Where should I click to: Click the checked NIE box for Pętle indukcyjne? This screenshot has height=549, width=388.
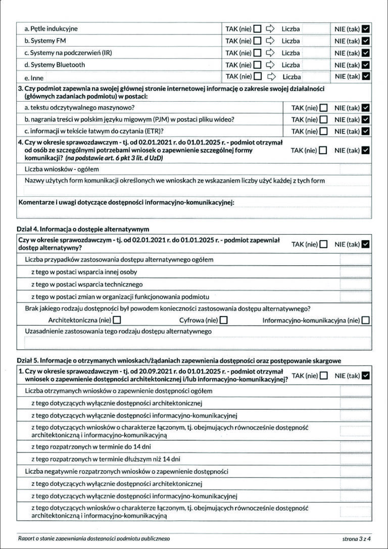pyautogui.click(x=366, y=29)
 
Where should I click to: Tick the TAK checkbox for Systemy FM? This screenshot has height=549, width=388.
pyautogui.click(x=258, y=41)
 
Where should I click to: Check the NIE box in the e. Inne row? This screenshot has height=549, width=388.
pyautogui.click(x=366, y=76)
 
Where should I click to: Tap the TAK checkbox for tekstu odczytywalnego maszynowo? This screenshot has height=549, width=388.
pyautogui.click(x=323, y=107)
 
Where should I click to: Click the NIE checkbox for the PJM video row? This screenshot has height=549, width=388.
pyautogui.click(x=366, y=119)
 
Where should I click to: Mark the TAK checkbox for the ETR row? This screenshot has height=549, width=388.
pyautogui.click(x=323, y=131)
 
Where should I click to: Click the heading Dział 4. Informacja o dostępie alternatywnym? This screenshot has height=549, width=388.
pyautogui.click(x=83, y=230)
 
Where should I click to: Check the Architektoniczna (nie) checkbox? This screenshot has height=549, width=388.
pyautogui.click(x=117, y=320)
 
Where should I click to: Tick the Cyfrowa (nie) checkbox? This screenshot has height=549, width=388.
pyautogui.click(x=224, y=320)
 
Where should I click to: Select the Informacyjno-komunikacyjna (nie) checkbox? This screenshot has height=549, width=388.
pyautogui.click(x=366, y=320)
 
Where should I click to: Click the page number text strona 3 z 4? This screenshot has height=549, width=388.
pyautogui.click(x=357, y=539)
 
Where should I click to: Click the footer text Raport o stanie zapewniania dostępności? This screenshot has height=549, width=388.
pyautogui.click(x=93, y=539)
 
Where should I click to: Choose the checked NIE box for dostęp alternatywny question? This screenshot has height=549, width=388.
pyautogui.click(x=366, y=244)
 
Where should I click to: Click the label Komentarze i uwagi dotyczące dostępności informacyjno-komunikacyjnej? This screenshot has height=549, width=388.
pyautogui.click(x=127, y=203)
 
